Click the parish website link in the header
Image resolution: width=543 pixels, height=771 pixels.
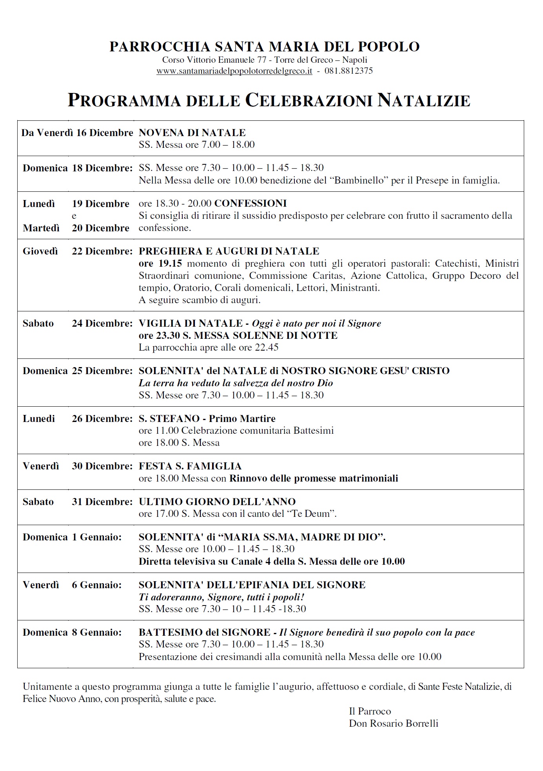(234, 71)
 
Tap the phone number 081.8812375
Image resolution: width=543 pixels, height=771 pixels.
(349, 71)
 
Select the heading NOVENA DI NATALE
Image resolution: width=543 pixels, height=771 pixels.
(192, 133)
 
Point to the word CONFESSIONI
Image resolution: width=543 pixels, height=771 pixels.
(251, 203)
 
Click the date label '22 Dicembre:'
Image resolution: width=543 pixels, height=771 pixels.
(102, 251)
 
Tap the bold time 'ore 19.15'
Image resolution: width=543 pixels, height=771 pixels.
(160, 263)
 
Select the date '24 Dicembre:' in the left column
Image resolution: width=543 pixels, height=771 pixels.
(102, 323)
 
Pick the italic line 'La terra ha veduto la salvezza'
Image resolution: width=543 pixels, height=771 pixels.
(236, 383)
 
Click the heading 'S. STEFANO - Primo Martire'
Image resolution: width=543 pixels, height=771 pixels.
(207, 418)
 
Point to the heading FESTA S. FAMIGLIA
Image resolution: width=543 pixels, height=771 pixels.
(190, 466)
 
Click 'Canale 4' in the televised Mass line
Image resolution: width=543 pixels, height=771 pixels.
(251, 561)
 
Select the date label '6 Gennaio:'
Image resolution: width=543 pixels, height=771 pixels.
(97, 585)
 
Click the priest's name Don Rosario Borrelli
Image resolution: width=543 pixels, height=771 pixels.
(393, 724)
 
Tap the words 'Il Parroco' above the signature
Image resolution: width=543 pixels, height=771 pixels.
(370, 711)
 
